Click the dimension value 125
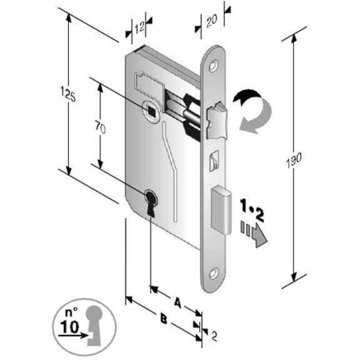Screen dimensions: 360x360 pos(68,94)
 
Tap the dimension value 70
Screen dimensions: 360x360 pos(100,128)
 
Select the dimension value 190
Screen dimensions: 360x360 pos(294,160)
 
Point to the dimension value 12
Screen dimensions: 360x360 pos(139,27)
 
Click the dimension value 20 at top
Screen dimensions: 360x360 pos(211,20)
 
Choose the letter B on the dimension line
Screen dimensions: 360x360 pos(163,319)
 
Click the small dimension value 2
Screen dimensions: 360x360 pos(214,336)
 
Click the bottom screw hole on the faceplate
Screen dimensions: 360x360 pos(213,273)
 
